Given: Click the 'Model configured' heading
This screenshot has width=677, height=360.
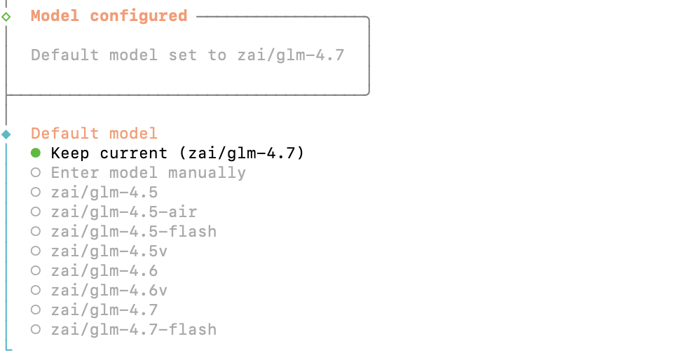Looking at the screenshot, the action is [x=109, y=16].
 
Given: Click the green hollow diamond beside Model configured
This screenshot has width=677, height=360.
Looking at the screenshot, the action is [x=6, y=17].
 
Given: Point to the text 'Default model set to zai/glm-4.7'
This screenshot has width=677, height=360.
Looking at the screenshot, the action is [x=187, y=55].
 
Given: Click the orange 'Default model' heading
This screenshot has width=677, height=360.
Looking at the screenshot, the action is [x=94, y=133].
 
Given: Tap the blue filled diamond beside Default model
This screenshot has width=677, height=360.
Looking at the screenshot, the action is [x=6, y=134].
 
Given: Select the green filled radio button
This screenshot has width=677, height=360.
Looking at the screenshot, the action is [x=36, y=153].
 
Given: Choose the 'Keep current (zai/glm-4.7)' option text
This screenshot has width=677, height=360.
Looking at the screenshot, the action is [x=177, y=153].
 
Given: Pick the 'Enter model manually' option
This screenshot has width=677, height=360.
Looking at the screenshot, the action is [x=148, y=173].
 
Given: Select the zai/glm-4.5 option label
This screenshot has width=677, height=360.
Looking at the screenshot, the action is [x=104, y=193].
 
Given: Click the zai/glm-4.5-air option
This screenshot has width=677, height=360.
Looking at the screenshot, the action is [x=124, y=212].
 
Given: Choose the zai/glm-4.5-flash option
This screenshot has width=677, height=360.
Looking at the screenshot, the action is [x=133, y=232].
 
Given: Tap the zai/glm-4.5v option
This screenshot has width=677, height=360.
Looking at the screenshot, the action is [x=109, y=251].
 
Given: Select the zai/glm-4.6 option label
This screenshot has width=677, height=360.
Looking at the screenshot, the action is [x=104, y=271].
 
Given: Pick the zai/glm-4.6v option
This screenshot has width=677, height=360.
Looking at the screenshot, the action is [x=109, y=291].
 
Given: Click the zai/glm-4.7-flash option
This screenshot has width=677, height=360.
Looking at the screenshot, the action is [x=133, y=330].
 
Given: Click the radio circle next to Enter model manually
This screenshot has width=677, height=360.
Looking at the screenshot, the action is [x=36, y=173].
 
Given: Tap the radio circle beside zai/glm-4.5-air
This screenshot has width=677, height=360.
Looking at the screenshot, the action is [x=36, y=212].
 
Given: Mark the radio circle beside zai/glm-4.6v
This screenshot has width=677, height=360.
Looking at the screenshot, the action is [x=36, y=290].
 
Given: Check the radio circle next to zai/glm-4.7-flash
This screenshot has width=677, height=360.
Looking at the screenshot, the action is [x=36, y=329].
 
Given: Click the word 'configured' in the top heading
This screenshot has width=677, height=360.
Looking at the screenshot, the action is [x=139, y=16].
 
